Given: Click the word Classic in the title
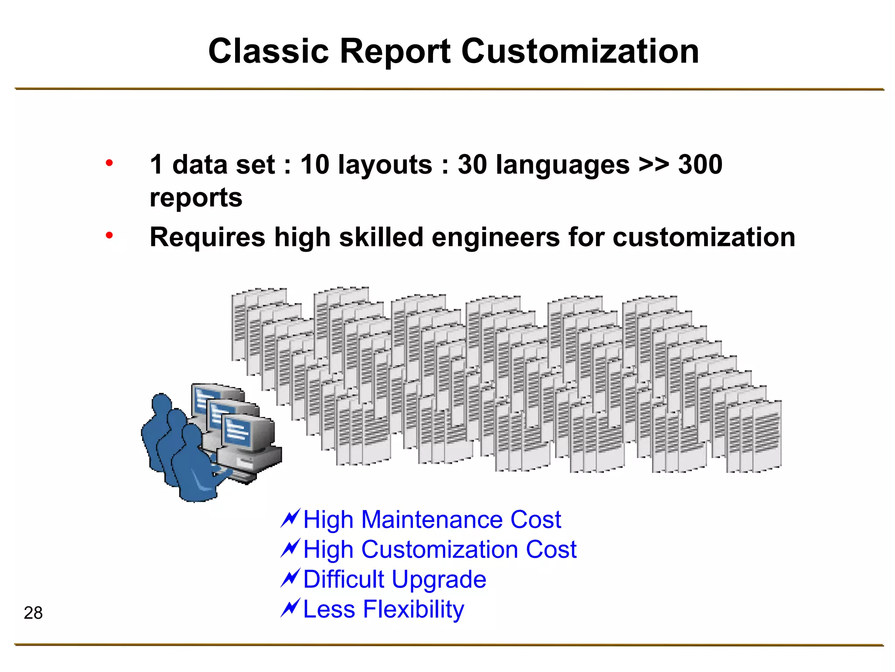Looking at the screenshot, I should point(268,51).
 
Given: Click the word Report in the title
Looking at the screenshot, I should point(395,51).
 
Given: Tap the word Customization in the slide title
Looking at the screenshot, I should point(580,51).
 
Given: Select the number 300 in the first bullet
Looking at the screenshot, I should point(700,165).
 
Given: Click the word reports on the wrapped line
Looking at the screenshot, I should point(196,198).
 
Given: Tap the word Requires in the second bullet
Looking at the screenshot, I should point(207,238).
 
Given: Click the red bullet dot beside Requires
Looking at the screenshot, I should point(109,236).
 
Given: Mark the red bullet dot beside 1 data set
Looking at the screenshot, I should point(109,163).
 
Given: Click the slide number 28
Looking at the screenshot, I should point(33,613).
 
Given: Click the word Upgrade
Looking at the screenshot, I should point(439,580).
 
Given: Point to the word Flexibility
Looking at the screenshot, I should point(413,609).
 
